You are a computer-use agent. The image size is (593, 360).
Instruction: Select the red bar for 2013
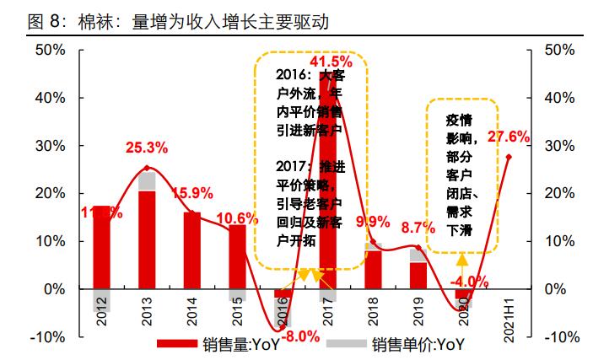147,239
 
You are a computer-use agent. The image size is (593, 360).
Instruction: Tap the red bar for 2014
192,250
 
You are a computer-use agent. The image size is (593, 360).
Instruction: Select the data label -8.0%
299,336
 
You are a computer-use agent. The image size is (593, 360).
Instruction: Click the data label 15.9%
195,193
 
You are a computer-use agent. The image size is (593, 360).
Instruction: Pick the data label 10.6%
240,218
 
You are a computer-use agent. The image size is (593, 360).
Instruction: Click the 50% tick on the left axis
51,50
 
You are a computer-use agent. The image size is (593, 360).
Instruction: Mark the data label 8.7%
418,228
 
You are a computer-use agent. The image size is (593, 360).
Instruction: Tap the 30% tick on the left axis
51,146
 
